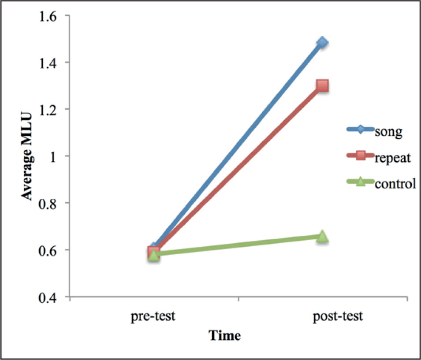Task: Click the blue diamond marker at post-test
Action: click(x=322, y=42)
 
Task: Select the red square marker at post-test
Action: click(x=322, y=85)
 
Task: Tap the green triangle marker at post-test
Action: click(x=322, y=236)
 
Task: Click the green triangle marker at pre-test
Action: click(x=154, y=255)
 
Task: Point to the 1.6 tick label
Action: click(x=51, y=15)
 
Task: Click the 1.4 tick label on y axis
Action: click(x=51, y=63)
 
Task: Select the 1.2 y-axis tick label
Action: click(x=51, y=109)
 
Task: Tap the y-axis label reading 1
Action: click(x=57, y=156)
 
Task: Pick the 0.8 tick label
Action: click(x=51, y=203)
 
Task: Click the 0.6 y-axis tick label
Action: click(x=51, y=250)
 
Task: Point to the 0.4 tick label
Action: click(x=51, y=297)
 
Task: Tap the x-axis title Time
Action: click(x=225, y=336)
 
